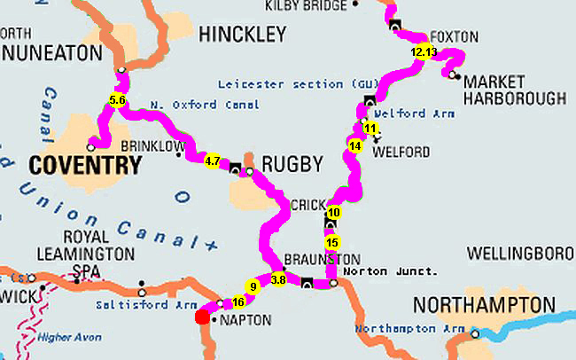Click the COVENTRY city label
click(85, 165)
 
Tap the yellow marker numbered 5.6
click(117, 99)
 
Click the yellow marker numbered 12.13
click(424, 51)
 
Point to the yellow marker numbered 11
click(370, 129)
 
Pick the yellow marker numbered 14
click(355, 145)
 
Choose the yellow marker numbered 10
click(333, 213)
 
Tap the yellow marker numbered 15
click(332, 242)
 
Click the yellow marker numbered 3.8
click(278, 279)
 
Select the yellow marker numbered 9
click(253, 286)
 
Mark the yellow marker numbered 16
click(237, 301)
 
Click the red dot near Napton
click(202, 317)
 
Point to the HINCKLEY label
click(243, 35)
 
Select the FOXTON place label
click(455, 37)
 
